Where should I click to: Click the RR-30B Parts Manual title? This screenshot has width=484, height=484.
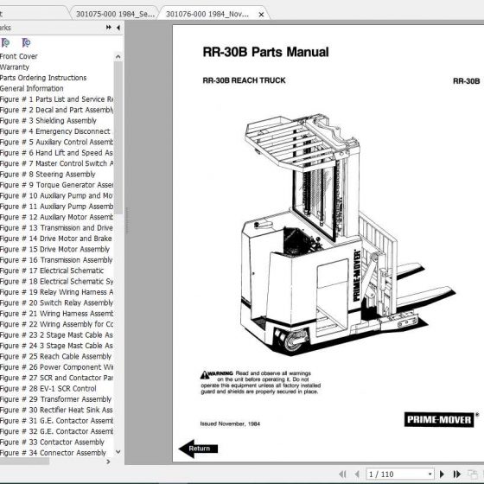point(264,52)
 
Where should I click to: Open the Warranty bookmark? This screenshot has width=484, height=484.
point(15,67)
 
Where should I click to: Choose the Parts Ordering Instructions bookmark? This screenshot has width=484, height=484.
point(43,78)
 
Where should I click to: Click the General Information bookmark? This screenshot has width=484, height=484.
point(32,88)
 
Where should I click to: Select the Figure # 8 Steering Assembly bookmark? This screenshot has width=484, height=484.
point(48,174)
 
